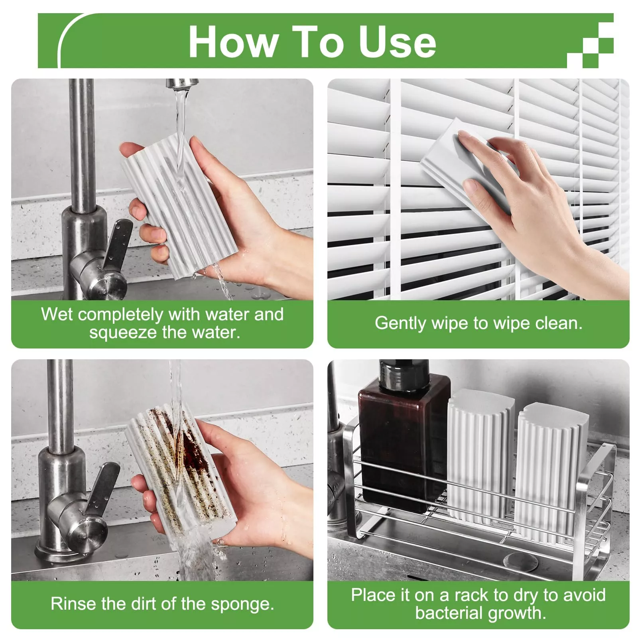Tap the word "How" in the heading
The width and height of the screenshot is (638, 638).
pos(234,42)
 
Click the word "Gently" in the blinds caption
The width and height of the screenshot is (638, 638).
pos(400,323)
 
